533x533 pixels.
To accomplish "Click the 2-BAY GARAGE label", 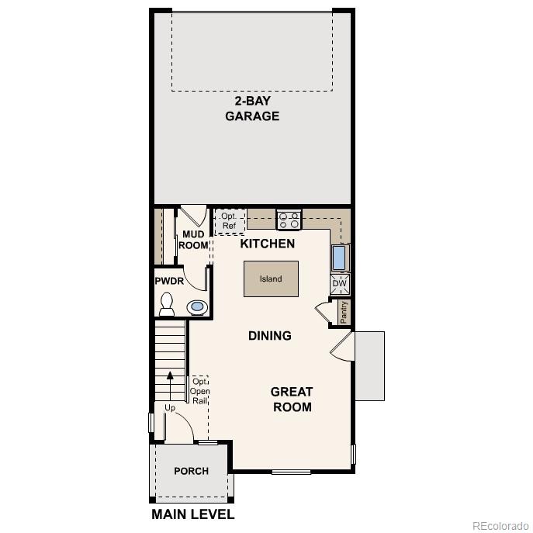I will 252,109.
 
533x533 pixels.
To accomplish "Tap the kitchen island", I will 271,279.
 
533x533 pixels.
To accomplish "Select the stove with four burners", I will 289,220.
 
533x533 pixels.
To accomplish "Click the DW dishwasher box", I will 340,284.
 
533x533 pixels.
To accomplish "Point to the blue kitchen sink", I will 340,258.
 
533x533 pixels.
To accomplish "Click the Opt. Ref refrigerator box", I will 230,220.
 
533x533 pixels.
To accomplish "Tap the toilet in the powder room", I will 167,306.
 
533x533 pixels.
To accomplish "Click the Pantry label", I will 344,312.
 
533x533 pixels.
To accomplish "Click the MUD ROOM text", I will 193,240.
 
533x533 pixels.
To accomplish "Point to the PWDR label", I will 169,281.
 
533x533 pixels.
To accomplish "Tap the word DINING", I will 270,336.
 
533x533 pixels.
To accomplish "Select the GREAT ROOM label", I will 292,400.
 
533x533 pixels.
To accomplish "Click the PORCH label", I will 191,471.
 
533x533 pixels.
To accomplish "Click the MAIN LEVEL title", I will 192,514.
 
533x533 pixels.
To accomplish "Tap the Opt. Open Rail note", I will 200,391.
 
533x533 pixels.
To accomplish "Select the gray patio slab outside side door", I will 369,365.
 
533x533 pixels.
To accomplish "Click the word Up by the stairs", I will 170,408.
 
